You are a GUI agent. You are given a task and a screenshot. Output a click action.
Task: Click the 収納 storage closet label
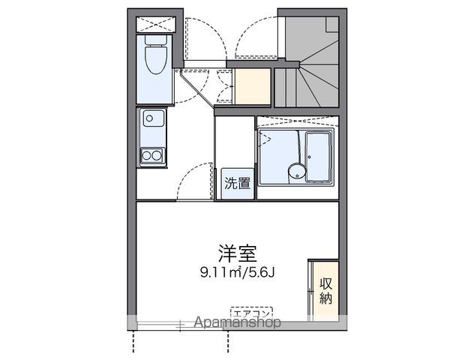[326, 290]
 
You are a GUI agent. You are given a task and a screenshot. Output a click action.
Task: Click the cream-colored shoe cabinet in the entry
[251, 86]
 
